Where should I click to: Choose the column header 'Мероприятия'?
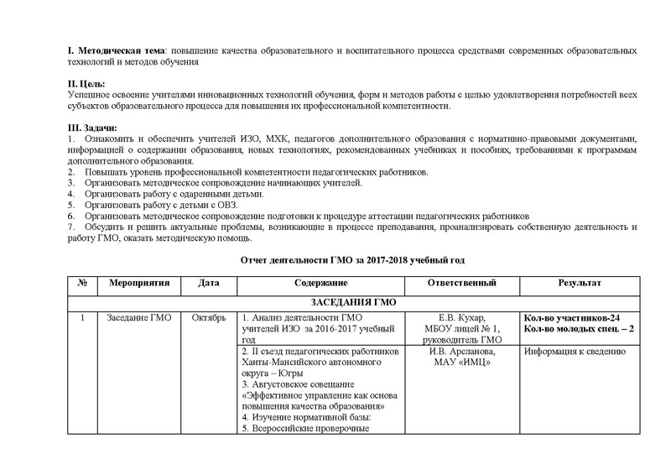138,283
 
